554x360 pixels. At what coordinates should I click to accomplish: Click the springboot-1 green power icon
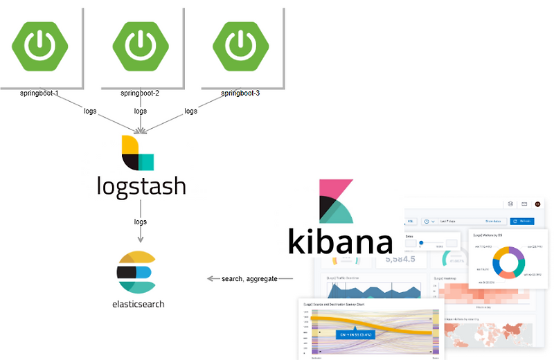(41, 44)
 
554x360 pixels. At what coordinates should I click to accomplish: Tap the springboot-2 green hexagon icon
(141, 44)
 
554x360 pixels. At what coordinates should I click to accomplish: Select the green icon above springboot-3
(241, 44)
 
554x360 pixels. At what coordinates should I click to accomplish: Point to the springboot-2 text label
(140, 93)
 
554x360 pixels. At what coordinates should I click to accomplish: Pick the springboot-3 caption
(240, 93)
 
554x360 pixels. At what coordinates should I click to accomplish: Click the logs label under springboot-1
(90, 111)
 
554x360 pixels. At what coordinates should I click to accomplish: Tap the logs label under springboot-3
(190, 111)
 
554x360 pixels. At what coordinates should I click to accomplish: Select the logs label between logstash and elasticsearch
(140, 222)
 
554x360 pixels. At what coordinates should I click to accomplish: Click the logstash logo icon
(137, 154)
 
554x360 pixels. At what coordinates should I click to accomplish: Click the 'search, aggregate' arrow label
(249, 278)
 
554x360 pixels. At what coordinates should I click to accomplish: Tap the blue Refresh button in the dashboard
(522, 221)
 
